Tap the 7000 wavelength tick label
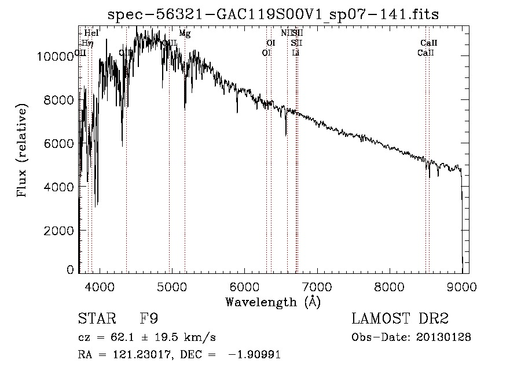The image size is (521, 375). click(317, 287)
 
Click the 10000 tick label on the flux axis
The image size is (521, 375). click(54, 56)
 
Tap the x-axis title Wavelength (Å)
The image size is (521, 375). click(273, 302)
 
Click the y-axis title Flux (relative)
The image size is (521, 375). click(23, 150)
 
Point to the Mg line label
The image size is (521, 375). click(185, 34)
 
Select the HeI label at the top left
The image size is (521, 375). click(91, 34)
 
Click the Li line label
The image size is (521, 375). click(296, 53)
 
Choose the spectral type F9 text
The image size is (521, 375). click(149, 319)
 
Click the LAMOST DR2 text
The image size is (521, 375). click(399, 319)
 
